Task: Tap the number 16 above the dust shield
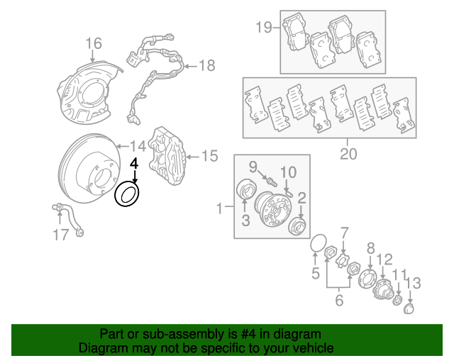(94, 44)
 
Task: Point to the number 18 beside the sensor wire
(206, 66)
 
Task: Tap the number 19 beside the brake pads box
(264, 28)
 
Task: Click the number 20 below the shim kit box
(348, 154)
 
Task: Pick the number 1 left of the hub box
(220, 209)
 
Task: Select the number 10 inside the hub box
(288, 172)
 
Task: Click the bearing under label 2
(299, 227)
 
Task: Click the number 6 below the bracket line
(338, 300)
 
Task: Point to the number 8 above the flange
(370, 249)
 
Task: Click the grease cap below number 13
(409, 309)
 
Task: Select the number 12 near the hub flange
(384, 259)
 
